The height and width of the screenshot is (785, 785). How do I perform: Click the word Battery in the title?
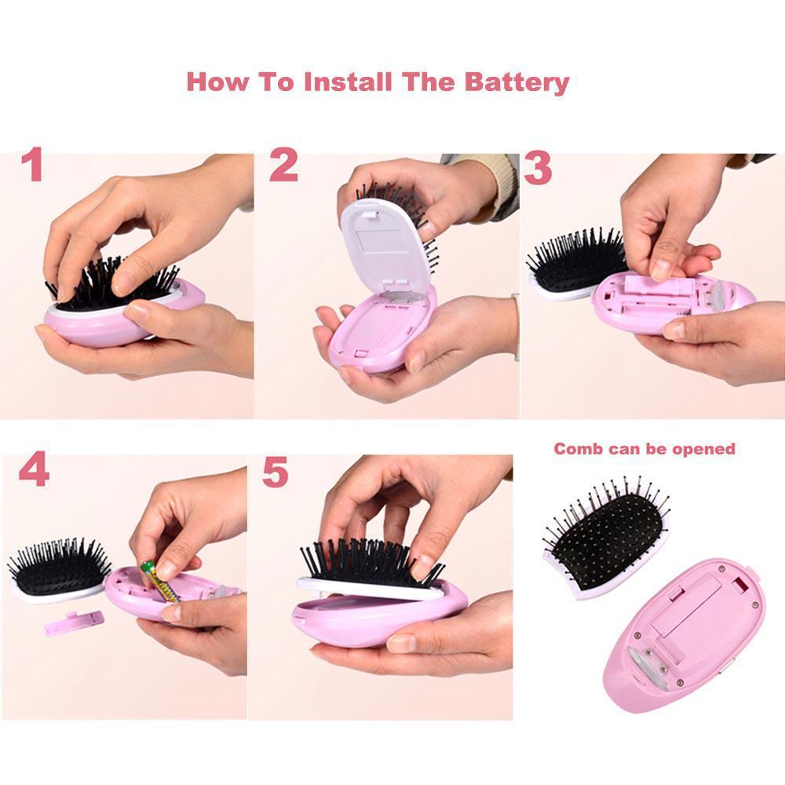pyautogui.click(x=517, y=82)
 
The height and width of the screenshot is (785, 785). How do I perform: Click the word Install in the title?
pyautogui.click(x=348, y=82)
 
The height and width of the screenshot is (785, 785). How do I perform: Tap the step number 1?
pyautogui.click(x=33, y=165)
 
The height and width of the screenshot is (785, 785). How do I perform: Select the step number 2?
pyautogui.click(x=283, y=165)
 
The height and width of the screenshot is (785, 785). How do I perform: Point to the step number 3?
pyautogui.click(x=538, y=169)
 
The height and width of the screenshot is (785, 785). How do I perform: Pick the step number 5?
pyautogui.click(x=276, y=472)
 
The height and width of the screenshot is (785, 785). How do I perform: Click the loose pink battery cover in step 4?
pyautogui.click(x=74, y=623)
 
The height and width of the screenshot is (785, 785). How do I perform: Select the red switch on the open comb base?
pyautogui.click(x=739, y=584)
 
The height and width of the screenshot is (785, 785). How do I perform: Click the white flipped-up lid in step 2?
pyautogui.click(x=385, y=245)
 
